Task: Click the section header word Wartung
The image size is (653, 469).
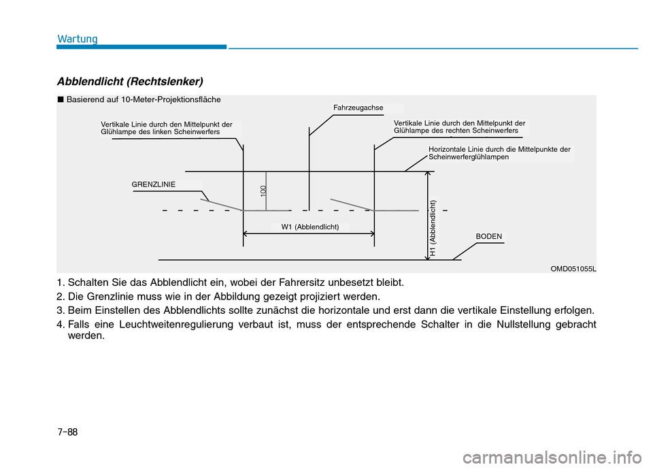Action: (x=77, y=38)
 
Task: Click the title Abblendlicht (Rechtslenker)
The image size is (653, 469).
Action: (x=130, y=82)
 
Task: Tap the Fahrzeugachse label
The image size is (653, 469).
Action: (x=358, y=108)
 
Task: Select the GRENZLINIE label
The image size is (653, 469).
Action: (x=154, y=184)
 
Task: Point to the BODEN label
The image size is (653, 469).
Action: (x=489, y=236)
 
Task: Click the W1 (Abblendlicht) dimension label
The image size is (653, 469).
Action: (x=310, y=227)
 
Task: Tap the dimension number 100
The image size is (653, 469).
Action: (x=263, y=191)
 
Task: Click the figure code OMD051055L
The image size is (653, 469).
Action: (x=573, y=269)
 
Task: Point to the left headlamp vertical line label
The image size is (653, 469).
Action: (x=167, y=129)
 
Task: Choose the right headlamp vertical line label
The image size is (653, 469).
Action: (x=459, y=127)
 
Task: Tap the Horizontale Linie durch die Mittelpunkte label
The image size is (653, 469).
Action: (x=499, y=152)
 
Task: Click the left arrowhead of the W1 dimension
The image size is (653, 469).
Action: (x=246, y=233)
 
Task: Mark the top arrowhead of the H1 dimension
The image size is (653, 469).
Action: (x=427, y=174)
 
